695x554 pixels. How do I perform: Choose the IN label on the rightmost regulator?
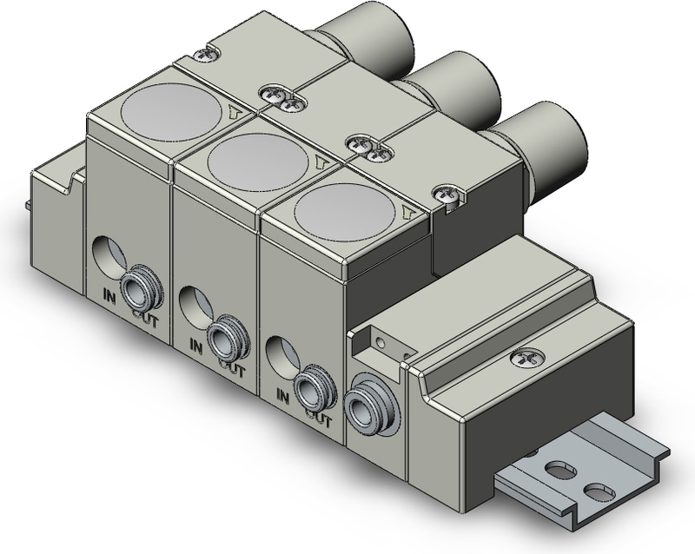click(282, 395)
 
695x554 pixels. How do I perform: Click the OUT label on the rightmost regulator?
click(320, 420)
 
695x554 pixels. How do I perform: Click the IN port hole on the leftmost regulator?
click(109, 256)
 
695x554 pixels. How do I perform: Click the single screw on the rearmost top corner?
click(205, 55)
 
